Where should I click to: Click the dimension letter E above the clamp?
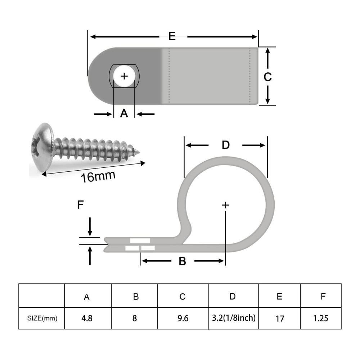(172, 36)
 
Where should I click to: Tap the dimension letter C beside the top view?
(267, 77)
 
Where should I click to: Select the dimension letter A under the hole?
(124, 113)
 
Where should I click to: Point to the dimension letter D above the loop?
(225, 145)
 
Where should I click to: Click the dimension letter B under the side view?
(182, 261)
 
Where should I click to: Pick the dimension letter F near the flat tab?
(81, 205)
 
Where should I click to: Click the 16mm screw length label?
(98, 176)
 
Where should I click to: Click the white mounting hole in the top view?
(124, 76)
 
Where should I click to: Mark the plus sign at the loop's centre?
(225, 205)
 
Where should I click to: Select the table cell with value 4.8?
(87, 318)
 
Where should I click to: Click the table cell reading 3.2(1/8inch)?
(233, 318)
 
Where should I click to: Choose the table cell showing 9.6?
(183, 318)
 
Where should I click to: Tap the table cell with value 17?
(279, 319)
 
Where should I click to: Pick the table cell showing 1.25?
(320, 318)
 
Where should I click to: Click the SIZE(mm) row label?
(42, 318)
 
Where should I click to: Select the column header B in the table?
(136, 297)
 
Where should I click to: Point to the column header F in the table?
(323, 296)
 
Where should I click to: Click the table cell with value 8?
(135, 318)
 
